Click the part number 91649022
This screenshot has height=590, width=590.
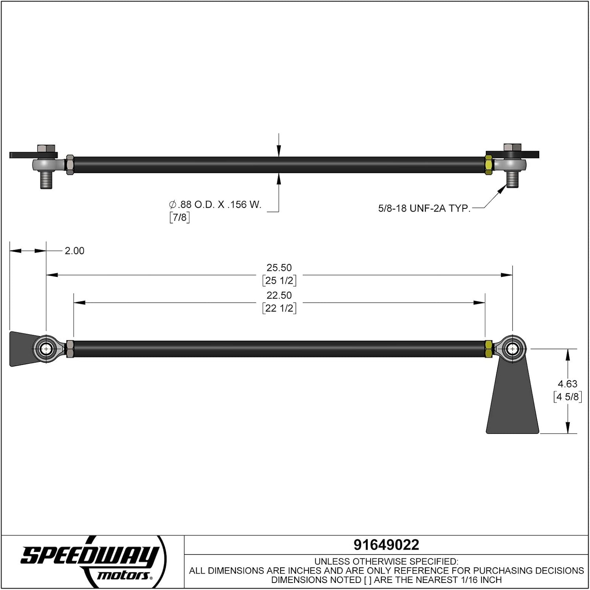click(x=386, y=545)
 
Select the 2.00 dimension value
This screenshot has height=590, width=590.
click(x=74, y=251)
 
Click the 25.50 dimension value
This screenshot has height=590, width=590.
click(x=279, y=268)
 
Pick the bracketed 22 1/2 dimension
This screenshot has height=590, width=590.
click(x=279, y=308)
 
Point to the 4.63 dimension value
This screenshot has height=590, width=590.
click(x=568, y=384)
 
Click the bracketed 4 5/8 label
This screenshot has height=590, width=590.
click(x=568, y=397)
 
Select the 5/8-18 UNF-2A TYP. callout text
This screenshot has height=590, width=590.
click(x=424, y=208)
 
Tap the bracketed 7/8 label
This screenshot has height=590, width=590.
click(x=179, y=217)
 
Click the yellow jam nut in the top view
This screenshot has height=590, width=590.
click(x=489, y=165)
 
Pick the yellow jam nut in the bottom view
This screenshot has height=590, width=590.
click(x=489, y=349)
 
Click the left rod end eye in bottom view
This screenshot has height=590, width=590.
click(x=46, y=349)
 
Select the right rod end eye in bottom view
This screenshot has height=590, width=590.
click(x=512, y=349)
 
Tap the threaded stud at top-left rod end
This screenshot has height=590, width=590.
click(x=46, y=180)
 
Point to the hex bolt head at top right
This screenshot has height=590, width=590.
click(x=512, y=147)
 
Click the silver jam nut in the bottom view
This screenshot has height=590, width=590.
click(x=70, y=349)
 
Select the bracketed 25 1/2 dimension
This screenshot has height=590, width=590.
click(x=279, y=281)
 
